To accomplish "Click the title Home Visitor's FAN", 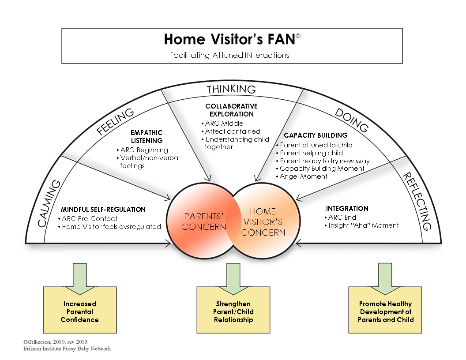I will pos(229,40).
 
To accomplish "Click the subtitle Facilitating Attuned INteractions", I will pos(229,56).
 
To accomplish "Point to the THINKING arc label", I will pos(231,89).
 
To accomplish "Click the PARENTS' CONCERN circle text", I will pos(203,221).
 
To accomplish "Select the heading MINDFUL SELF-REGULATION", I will pos(103,209).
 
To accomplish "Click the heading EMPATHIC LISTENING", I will pos(147,136).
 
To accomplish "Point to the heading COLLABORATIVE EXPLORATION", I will pos(231,110).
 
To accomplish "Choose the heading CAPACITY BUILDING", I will pos(316,135).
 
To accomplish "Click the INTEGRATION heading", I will pos(347,208).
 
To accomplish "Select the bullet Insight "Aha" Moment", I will pos(363,225).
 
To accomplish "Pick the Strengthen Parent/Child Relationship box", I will pos(233,311).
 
